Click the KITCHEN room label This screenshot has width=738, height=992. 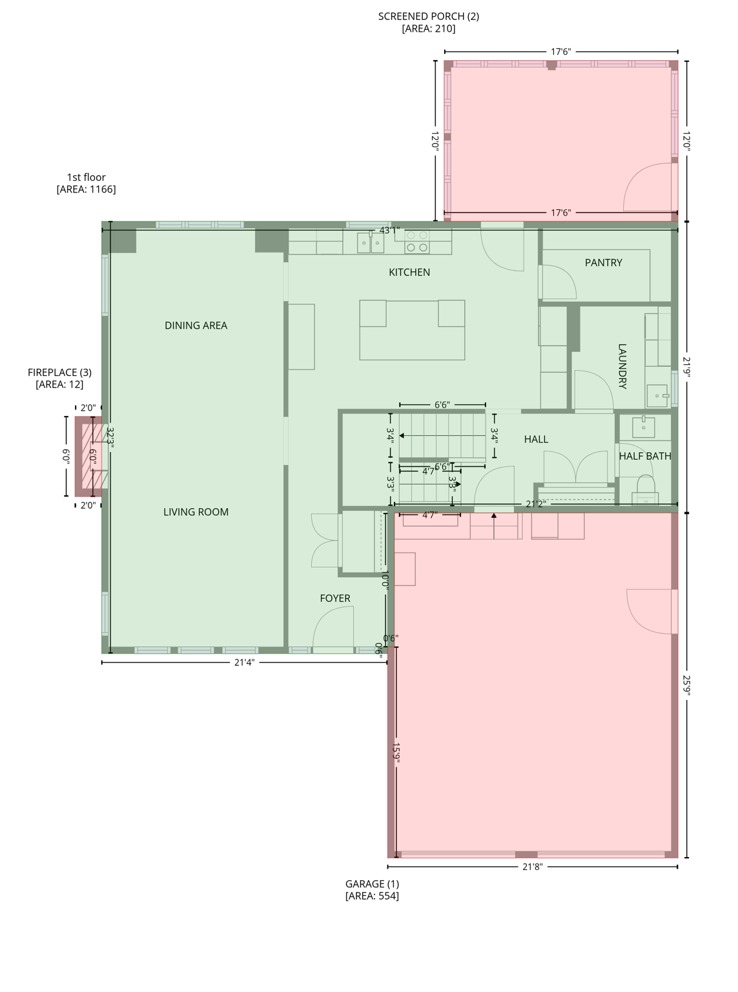tap(409, 273)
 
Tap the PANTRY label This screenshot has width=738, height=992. tap(603, 263)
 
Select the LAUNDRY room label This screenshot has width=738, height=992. tap(622, 366)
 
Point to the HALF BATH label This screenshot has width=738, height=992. tap(644, 456)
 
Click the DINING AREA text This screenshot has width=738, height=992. tap(196, 325)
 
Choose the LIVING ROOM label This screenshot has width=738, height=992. tap(196, 512)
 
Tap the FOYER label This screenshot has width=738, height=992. tap(335, 599)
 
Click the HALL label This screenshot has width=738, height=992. tap(536, 439)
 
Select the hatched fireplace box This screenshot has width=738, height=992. tap(88, 456)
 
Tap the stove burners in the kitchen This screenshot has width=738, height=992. tap(417, 242)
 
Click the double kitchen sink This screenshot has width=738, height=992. tap(371, 243)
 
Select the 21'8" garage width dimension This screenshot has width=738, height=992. tap(532, 867)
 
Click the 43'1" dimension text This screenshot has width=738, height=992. tap(389, 230)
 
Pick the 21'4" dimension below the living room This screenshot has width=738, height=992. tap(244, 662)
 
